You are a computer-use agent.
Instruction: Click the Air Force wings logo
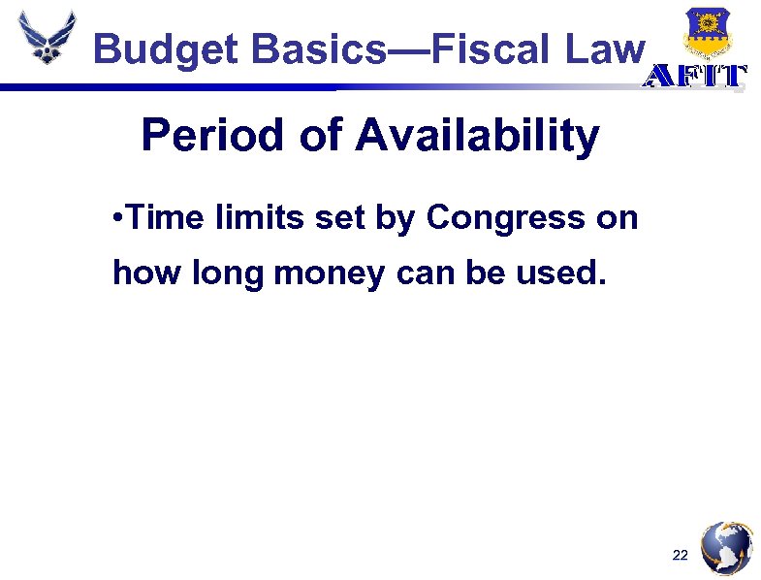click(46, 38)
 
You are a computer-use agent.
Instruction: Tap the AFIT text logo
click(697, 78)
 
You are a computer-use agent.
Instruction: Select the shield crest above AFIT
click(707, 33)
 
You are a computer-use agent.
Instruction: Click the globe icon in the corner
click(726, 547)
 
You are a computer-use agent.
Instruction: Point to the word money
click(323, 274)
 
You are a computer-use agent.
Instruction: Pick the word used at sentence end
click(563, 273)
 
